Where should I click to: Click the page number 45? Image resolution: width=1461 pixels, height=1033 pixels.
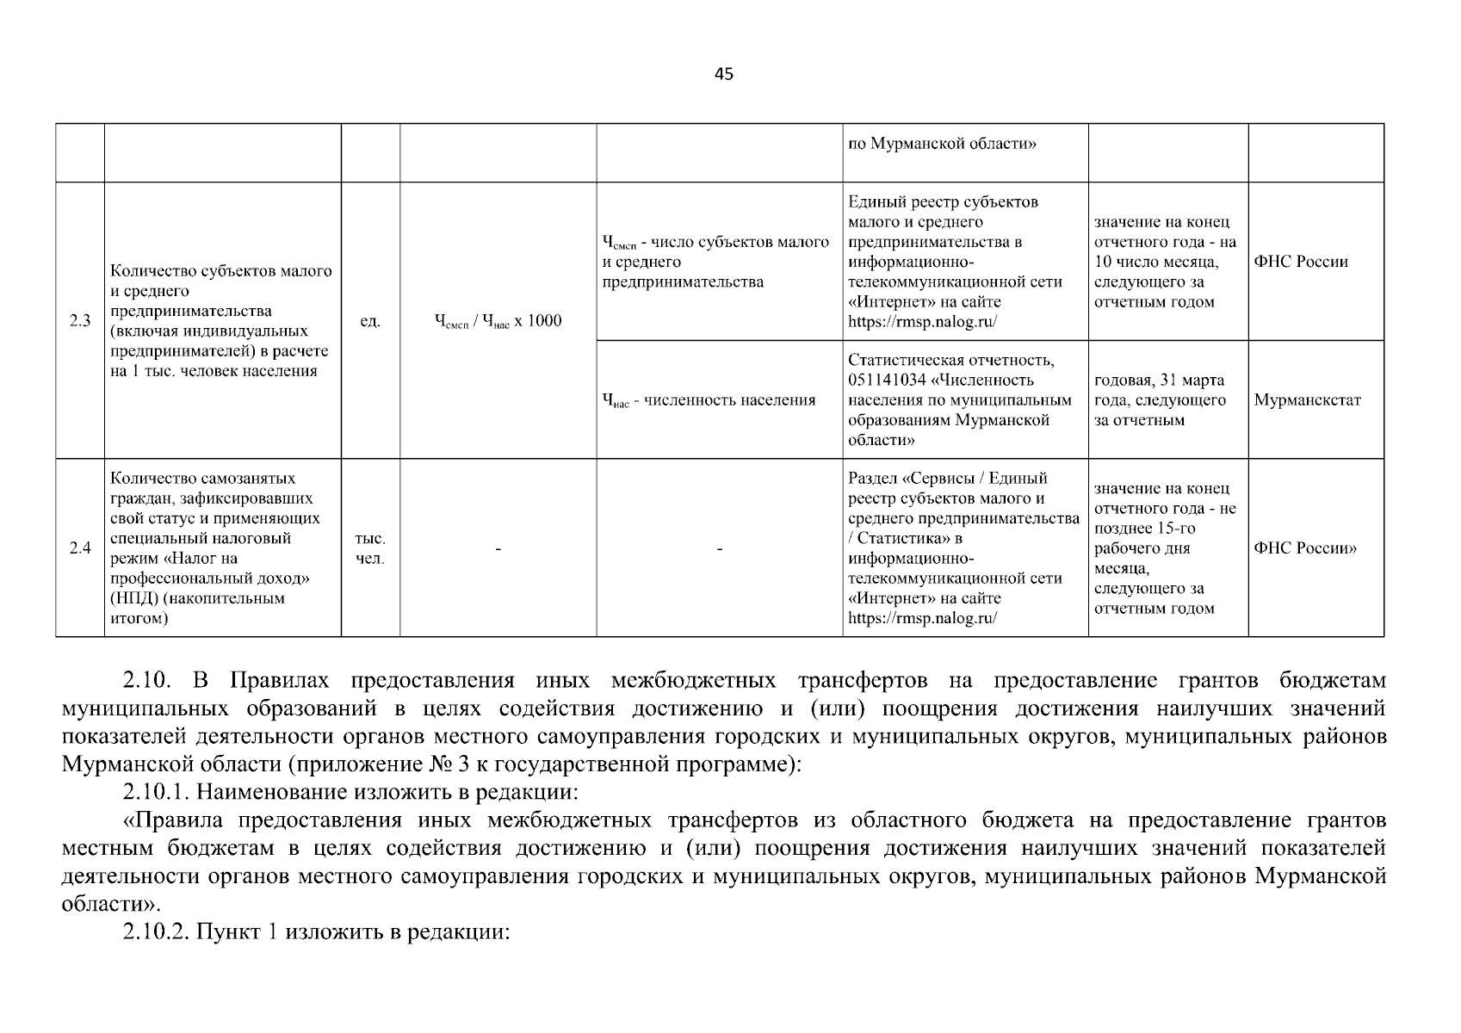(x=724, y=74)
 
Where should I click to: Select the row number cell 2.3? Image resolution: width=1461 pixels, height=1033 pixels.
(x=80, y=321)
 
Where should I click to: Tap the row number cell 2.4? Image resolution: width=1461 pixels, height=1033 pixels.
(x=80, y=548)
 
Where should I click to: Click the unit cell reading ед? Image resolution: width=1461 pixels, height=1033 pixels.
(x=370, y=321)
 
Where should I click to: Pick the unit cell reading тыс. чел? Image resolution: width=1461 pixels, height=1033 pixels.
(x=370, y=548)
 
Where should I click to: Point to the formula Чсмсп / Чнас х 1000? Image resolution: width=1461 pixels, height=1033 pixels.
(x=498, y=322)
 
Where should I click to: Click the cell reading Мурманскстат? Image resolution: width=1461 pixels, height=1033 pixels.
(x=1307, y=400)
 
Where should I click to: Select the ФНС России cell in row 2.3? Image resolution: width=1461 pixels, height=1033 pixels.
(x=1301, y=262)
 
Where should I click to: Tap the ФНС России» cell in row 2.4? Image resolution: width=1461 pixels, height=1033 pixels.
(x=1305, y=548)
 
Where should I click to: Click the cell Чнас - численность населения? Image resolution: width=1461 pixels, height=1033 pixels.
(x=709, y=400)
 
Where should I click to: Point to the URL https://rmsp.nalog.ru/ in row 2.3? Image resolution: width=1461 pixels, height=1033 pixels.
(x=922, y=322)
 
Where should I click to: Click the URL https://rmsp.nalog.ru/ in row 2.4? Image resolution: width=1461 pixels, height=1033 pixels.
(x=922, y=618)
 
